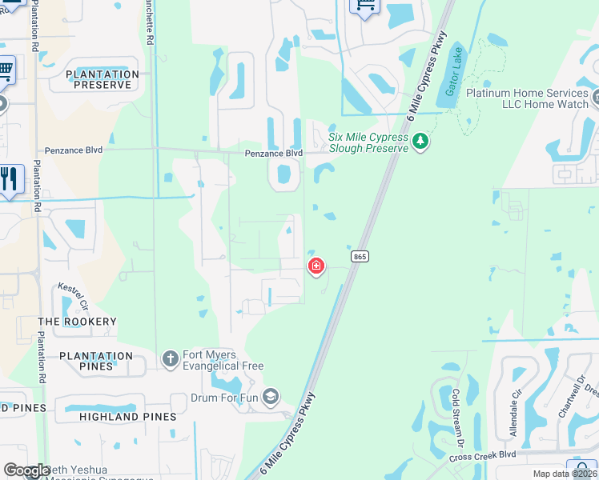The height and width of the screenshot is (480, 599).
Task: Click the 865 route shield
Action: (x=360, y=256)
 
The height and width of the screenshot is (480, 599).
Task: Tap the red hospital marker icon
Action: (x=316, y=266)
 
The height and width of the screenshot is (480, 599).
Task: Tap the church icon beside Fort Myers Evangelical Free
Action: (x=170, y=359)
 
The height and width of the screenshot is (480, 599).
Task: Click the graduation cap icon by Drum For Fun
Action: (x=271, y=397)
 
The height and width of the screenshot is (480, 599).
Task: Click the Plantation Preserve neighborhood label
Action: (x=103, y=79)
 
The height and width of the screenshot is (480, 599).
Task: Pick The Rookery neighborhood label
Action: (x=78, y=322)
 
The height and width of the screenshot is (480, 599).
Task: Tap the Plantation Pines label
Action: (x=96, y=361)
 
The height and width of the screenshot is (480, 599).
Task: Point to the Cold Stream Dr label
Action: (x=457, y=418)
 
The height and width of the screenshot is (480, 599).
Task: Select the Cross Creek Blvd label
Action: (x=483, y=455)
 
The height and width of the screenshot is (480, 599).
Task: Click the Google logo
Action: (x=26, y=470)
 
